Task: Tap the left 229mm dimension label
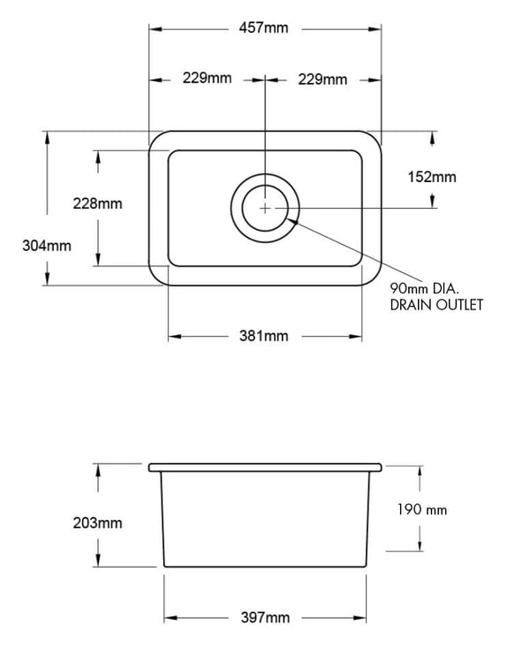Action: point(207,79)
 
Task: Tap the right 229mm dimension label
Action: point(322,79)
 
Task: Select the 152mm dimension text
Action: point(433,177)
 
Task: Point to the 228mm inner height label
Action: point(97,203)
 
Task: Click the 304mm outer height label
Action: point(46,246)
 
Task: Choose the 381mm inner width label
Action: point(264,336)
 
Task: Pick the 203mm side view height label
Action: point(97,522)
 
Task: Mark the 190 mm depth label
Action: point(423,510)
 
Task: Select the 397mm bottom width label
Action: point(264,617)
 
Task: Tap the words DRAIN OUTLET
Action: point(436,305)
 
